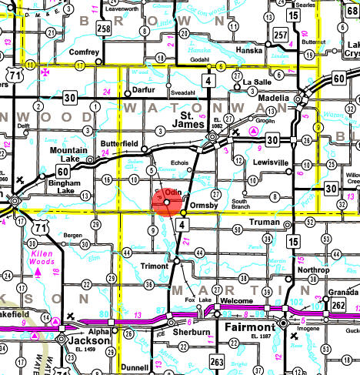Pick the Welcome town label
point(236,301)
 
